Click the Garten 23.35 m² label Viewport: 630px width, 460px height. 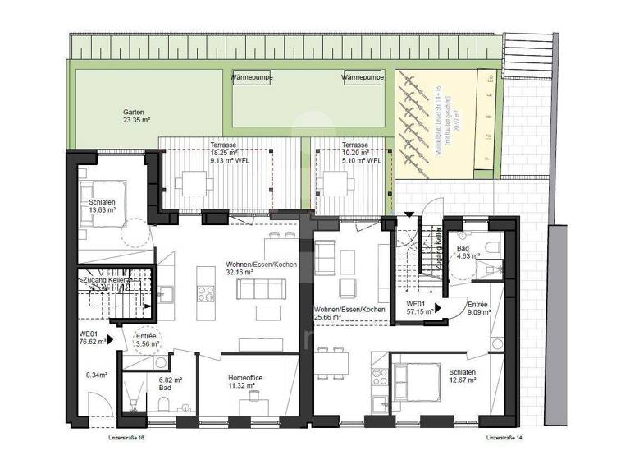pyautogui.click(x=136, y=116)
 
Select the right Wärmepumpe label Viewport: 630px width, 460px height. pyautogui.click(x=363, y=77)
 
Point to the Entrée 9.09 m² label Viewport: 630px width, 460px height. pyautogui.click(x=479, y=307)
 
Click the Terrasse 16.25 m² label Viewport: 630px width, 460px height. pyautogui.click(x=223, y=153)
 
